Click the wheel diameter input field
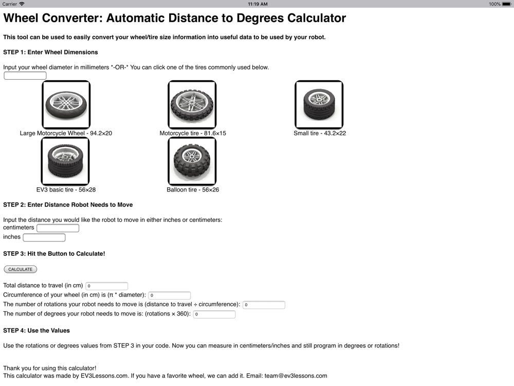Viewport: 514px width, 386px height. click(25, 76)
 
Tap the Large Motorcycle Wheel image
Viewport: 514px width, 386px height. click(66, 104)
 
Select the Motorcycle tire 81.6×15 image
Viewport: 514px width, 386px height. click(192, 104)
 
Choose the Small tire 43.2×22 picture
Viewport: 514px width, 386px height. click(319, 104)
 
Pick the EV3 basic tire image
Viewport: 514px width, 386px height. click(65, 161)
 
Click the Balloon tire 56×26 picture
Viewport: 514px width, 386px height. click(192, 161)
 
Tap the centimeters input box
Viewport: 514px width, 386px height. click(58, 228)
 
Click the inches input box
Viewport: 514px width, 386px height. click(44, 237)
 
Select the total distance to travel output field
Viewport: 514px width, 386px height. click(106, 286)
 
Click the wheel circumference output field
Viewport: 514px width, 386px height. click(169, 295)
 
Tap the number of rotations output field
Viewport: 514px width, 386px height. click(264, 305)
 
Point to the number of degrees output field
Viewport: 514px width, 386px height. click(214, 314)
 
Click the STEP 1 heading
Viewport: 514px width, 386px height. click(50, 52)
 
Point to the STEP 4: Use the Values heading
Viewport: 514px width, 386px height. click(36, 330)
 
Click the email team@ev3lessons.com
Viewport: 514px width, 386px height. click(296, 376)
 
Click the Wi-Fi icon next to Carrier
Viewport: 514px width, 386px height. click(22, 4)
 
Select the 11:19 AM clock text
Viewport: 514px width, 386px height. click(257, 4)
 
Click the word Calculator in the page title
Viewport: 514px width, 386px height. click(317, 19)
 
